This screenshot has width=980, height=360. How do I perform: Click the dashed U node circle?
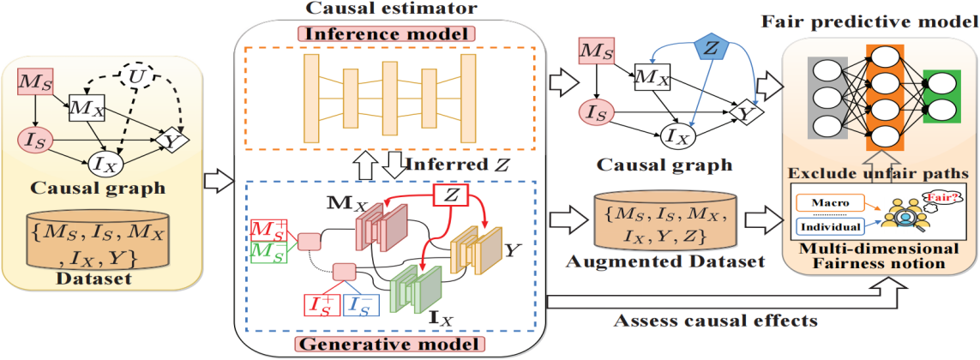135,78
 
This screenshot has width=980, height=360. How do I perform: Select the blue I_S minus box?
363,306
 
